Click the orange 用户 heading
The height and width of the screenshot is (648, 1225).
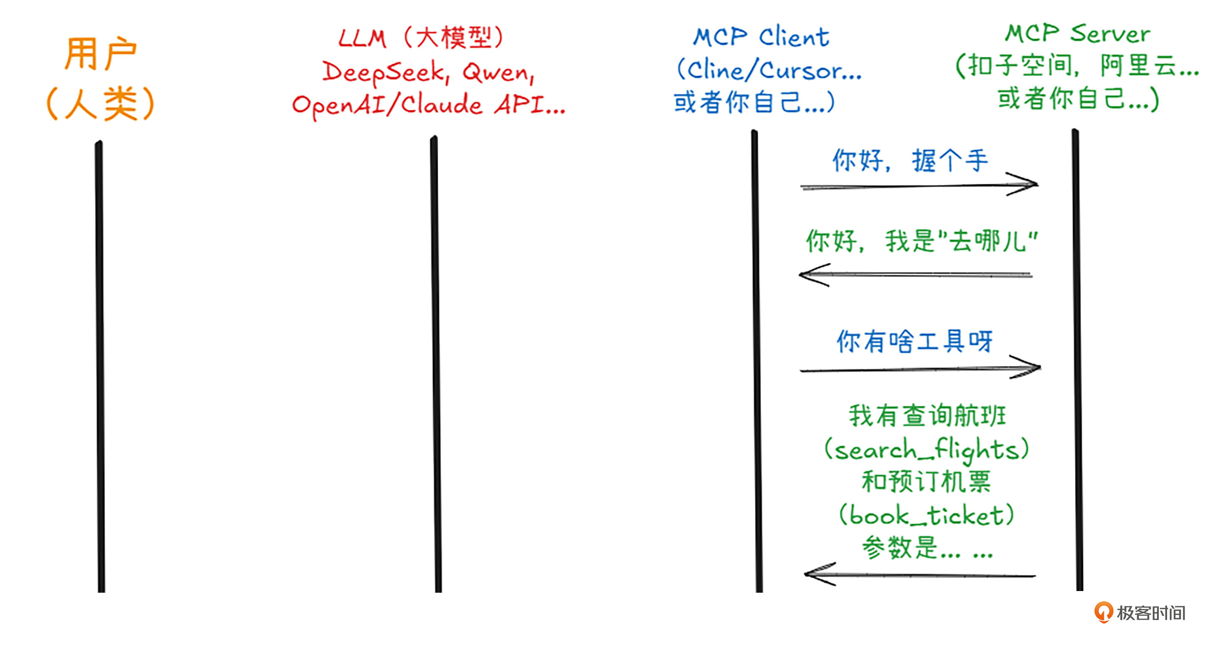[x=101, y=54]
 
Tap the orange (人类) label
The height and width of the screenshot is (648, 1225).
[x=101, y=103]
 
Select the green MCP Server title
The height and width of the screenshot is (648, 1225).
[x=1077, y=33]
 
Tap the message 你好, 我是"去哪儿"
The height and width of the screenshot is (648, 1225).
[x=921, y=241]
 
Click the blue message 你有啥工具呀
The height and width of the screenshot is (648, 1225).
[x=915, y=341]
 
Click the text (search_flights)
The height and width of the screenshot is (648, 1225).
[x=926, y=450]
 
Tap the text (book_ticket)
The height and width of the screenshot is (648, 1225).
[x=926, y=515]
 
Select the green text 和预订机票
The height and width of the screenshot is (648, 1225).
[x=926, y=482]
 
